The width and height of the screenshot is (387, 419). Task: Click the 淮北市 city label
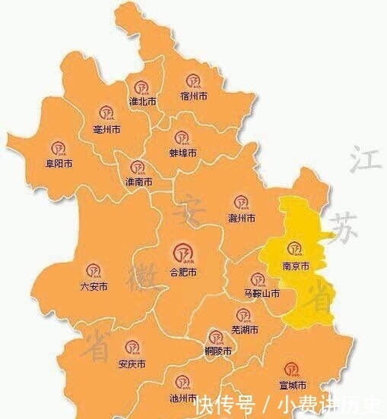pyautogui.click(x=142, y=101)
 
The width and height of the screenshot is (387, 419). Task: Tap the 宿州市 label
pyautogui.click(x=195, y=96)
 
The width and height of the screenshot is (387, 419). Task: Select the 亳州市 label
pyautogui.click(x=106, y=130)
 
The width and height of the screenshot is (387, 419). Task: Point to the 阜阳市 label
pyautogui.click(x=58, y=163)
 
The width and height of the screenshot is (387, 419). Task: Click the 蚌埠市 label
pyautogui.click(x=182, y=153)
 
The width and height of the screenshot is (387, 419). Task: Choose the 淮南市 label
pyautogui.click(x=138, y=182)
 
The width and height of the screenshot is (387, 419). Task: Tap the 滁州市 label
pyautogui.click(x=241, y=219)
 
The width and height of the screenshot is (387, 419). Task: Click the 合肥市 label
pyautogui.click(x=182, y=270)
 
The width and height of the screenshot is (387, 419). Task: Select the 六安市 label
pyautogui.click(x=94, y=287)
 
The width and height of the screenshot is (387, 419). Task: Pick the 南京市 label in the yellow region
pyautogui.click(x=294, y=266)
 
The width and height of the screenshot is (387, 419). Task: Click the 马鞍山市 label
pyautogui.click(x=262, y=293)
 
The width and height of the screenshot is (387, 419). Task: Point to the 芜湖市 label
pyautogui.click(x=244, y=331)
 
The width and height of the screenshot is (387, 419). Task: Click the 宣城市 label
pyautogui.click(x=291, y=386)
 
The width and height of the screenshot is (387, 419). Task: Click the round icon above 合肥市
pyautogui.click(x=182, y=250)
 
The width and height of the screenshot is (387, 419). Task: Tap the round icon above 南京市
pyautogui.click(x=294, y=248)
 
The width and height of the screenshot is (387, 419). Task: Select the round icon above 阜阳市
pyautogui.click(x=58, y=146)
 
